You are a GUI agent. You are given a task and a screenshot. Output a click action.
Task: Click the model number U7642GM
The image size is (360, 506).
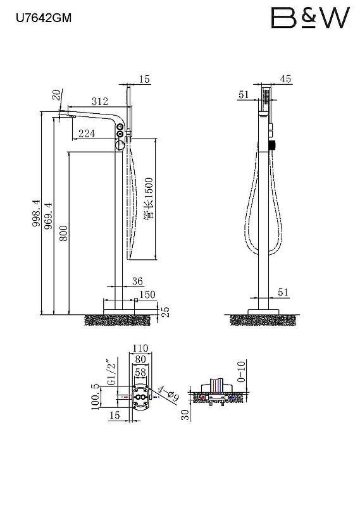[x=44, y=18]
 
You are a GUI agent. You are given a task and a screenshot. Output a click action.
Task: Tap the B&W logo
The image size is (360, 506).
[x=310, y=18]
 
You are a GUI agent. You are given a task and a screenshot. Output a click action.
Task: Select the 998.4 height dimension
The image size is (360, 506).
[x=37, y=213]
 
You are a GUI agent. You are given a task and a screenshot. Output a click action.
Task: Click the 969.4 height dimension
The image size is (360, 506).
[x=49, y=216]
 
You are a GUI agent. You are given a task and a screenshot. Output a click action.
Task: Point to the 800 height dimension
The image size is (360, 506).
[x=64, y=233]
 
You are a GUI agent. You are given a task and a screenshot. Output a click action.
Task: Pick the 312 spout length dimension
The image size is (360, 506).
[x=100, y=101]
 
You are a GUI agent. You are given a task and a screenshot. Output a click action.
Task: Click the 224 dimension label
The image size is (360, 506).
[x=87, y=133]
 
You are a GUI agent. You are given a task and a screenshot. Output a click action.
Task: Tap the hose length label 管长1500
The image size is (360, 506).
[x=149, y=199]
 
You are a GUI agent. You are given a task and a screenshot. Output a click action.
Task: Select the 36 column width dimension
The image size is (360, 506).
[x=137, y=281]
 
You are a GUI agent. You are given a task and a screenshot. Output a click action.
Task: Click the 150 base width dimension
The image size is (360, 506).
[x=147, y=295]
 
